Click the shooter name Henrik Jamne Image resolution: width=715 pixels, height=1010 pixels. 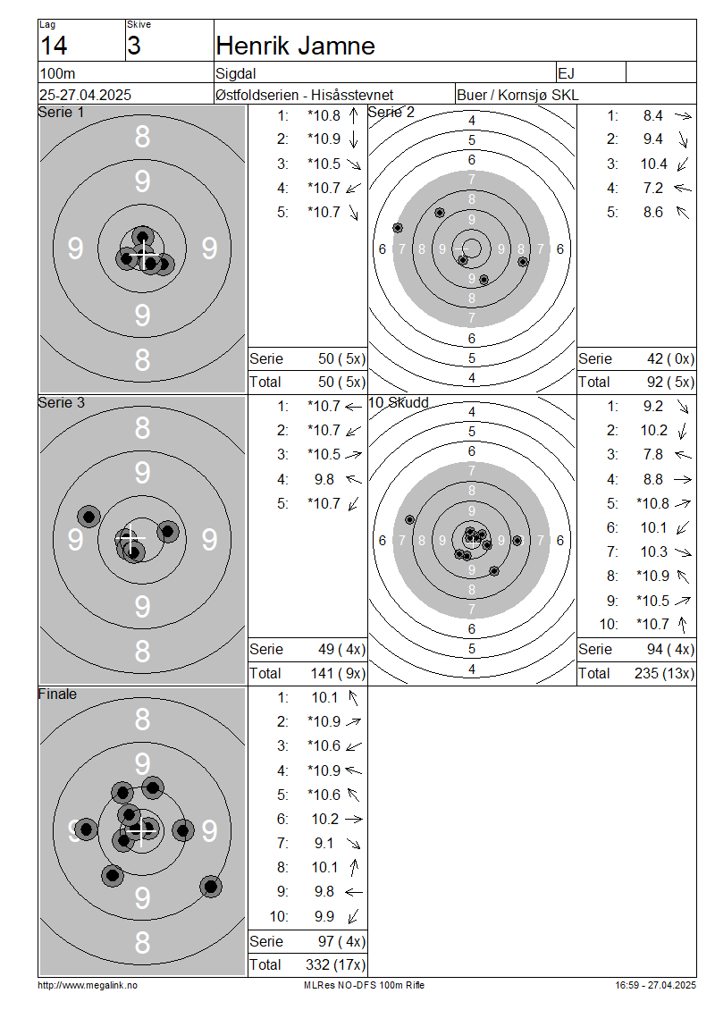(295, 46)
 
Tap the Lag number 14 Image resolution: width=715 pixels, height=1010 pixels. (54, 46)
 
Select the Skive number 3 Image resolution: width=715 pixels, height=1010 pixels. (133, 46)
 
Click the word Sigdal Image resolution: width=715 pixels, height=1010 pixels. (236, 73)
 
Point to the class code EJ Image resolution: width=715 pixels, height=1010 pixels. (567, 73)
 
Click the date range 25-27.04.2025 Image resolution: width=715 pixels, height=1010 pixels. (85, 95)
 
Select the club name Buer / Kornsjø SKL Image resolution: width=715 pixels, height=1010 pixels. (517, 95)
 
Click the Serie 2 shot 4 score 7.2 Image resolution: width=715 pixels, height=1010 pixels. (652, 188)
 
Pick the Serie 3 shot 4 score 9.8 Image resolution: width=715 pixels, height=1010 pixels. (324, 479)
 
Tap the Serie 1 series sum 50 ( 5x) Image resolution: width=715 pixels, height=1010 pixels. (341, 358)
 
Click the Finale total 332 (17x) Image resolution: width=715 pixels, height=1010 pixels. (335, 964)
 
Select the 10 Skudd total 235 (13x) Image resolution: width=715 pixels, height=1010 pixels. (664, 673)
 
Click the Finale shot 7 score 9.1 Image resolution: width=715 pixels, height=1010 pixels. (324, 843)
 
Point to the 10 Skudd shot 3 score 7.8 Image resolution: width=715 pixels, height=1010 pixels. (652, 455)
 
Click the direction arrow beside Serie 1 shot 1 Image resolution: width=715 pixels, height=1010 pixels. (354, 116)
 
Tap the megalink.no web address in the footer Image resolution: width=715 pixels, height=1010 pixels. (88, 985)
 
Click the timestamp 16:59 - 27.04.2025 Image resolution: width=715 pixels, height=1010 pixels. (655, 985)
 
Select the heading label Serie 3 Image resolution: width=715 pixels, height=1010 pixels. (61, 402)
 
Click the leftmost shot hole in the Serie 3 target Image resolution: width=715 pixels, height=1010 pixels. (88, 516)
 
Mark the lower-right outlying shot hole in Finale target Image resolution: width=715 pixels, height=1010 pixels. (211, 887)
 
